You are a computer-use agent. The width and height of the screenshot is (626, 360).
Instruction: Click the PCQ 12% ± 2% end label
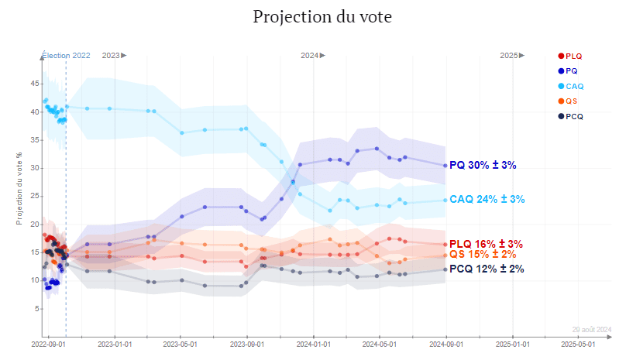(487, 269)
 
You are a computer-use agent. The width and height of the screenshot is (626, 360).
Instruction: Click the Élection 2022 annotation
(66, 55)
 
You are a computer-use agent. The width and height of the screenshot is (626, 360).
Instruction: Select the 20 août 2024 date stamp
(592, 328)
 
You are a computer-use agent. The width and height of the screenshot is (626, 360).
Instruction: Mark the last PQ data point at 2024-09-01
(445, 165)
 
